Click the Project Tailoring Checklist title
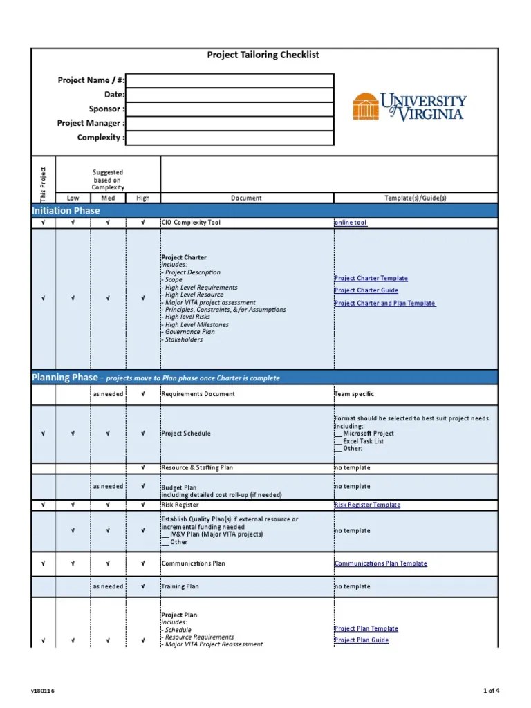pos(263,55)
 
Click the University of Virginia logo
pos(409,107)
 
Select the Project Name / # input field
pos(230,81)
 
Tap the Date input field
pos(230,95)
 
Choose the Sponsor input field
pos(230,109)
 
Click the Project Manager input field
pos(230,124)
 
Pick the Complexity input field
pos(230,138)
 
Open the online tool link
pos(351,223)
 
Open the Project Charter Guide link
pos(366,291)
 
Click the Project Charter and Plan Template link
pos(384,304)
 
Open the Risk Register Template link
pos(367,505)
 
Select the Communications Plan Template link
pos(380,564)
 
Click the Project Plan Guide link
pos(361,640)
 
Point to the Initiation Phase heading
pos(66,211)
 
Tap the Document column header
pos(246,198)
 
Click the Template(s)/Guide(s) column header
pos(415,198)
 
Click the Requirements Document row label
pos(198,394)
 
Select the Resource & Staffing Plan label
pos(197,468)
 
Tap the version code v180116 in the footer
pos(42,691)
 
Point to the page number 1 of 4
pos(490,691)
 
